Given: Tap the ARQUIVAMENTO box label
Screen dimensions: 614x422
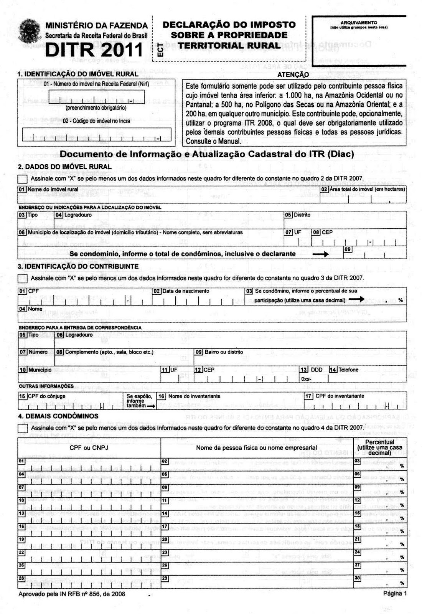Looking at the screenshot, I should (359, 23).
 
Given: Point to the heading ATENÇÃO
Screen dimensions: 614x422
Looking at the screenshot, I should (293, 74).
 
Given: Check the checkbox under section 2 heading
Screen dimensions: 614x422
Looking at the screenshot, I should (23, 179).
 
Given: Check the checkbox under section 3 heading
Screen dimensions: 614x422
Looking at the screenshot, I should (23, 278).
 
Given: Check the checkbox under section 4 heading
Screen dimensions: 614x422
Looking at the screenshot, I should (23, 428).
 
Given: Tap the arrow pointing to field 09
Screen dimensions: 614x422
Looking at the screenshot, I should (321, 254).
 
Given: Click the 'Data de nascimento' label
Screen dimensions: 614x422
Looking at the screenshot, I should (186, 291).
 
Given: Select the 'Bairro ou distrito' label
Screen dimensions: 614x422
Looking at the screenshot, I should (224, 352).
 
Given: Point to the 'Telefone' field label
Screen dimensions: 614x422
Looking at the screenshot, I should (348, 370).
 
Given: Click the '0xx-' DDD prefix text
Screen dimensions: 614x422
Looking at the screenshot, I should (307, 379).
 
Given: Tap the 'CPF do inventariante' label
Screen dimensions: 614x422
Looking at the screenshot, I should (340, 396).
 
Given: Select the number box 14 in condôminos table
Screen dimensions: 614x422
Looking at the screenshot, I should (165, 513).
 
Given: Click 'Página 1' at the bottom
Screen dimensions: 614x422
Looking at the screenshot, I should (395, 593).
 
